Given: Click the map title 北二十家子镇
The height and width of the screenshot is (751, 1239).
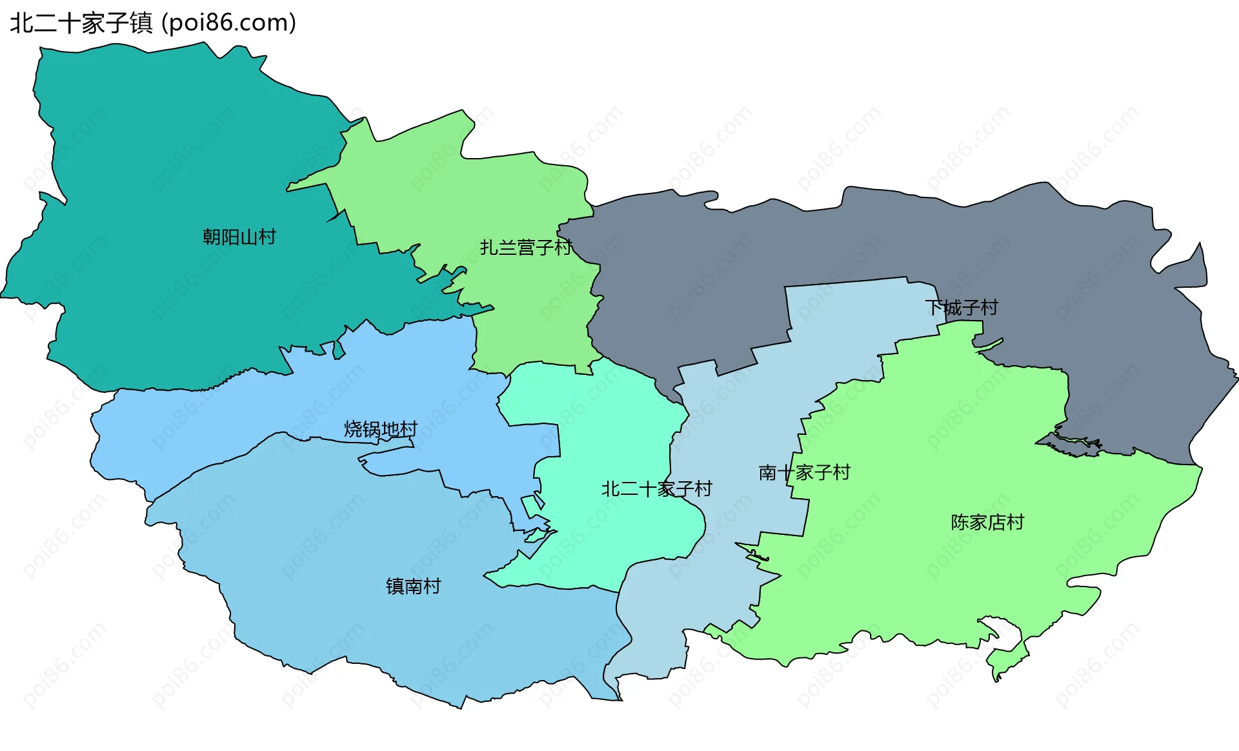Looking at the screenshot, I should click(x=81, y=23).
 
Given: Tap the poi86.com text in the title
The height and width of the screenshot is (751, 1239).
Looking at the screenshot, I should click(x=229, y=23).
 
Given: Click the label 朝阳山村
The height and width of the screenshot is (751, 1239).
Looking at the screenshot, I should click(x=239, y=237).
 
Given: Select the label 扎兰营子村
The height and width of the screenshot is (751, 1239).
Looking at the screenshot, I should click(x=525, y=248).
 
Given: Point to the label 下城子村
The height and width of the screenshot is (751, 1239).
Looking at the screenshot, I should click(x=962, y=308).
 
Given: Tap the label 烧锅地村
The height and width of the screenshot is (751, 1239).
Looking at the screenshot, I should click(x=381, y=429).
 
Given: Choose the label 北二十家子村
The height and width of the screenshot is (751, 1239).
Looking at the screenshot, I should click(x=656, y=489).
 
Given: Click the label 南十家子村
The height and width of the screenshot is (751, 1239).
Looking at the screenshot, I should click(x=804, y=473).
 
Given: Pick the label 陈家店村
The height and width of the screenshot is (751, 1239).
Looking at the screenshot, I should click(x=987, y=523).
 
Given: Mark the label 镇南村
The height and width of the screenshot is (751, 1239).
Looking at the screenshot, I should click(x=413, y=586).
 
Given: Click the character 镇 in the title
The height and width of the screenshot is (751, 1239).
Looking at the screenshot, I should click(x=141, y=23).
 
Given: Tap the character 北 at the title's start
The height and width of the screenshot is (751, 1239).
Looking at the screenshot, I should click(x=21, y=23).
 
